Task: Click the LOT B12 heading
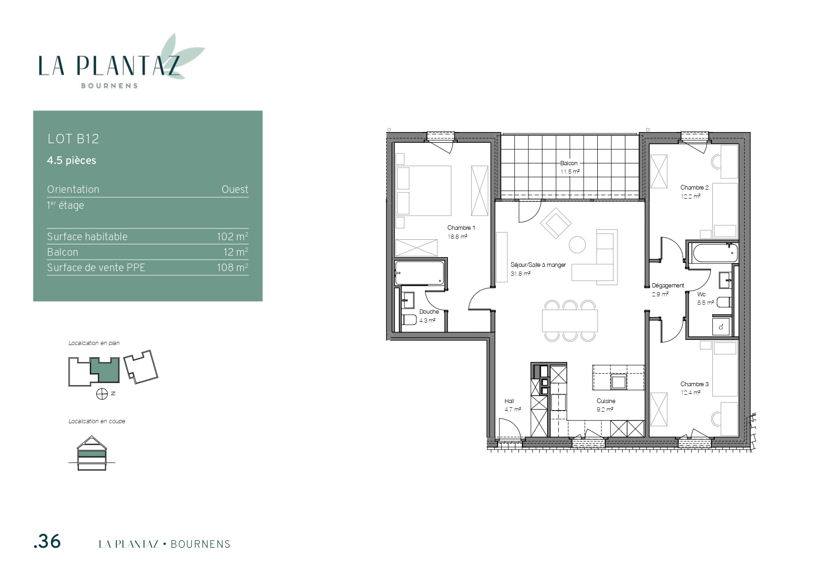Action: (x=73, y=139)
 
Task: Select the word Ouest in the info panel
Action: (x=235, y=189)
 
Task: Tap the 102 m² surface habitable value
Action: (x=232, y=236)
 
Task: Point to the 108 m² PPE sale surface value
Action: (x=232, y=267)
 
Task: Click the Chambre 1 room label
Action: (x=461, y=228)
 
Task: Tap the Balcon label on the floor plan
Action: (x=569, y=163)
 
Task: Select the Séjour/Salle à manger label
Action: (x=538, y=265)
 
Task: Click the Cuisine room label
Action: (x=606, y=401)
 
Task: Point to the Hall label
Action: (x=509, y=401)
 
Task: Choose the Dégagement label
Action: (x=668, y=286)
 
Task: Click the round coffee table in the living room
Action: (x=577, y=245)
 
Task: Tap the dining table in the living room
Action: (x=570, y=321)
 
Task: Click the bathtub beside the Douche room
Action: (x=419, y=272)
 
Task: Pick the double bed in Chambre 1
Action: (x=423, y=191)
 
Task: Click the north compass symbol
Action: (x=102, y=394)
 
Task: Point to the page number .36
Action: (x=47, y=542)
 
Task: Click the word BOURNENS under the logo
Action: (x=110, y=86)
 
